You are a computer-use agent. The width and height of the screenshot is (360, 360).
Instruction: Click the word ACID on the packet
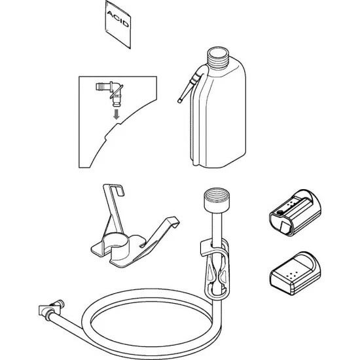[x=118, y=19]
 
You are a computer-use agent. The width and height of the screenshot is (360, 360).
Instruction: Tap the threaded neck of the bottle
[x=218, y=57]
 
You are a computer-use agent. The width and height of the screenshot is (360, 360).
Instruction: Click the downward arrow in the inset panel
[x=117, y=114]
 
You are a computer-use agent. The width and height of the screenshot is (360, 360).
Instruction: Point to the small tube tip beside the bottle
[x=179, y=100]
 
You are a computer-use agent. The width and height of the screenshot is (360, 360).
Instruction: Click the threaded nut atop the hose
[x=217, y=200]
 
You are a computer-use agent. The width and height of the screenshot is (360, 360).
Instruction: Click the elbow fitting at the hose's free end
[x=52, y=309]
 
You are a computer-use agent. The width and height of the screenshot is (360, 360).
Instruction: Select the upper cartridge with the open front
[x=295, y=212]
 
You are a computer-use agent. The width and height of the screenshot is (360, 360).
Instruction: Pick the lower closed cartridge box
[x=295, y=273]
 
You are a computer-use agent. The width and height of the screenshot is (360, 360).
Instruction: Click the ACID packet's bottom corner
[x=130, y=48]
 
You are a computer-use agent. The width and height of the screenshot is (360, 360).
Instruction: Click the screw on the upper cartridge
[x=279, y=212]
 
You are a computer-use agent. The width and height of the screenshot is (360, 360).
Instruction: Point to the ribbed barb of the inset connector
[x=101, y=87]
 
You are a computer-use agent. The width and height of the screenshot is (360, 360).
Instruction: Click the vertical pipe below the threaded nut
[x=216, y=226]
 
